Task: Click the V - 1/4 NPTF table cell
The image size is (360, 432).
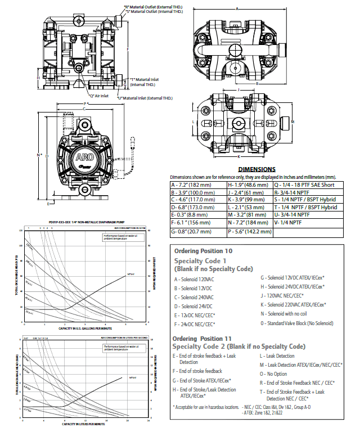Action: pyautogui.click(x=292, y=222)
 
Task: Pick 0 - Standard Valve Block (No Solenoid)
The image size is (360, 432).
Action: pyautogui.click(x=296, y=323)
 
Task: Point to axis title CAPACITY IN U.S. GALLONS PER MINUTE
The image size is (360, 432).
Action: pyautogui.click(x=83, y=328)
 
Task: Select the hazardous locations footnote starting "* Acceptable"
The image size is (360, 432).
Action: pyautogui.click(x=206, y=407)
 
